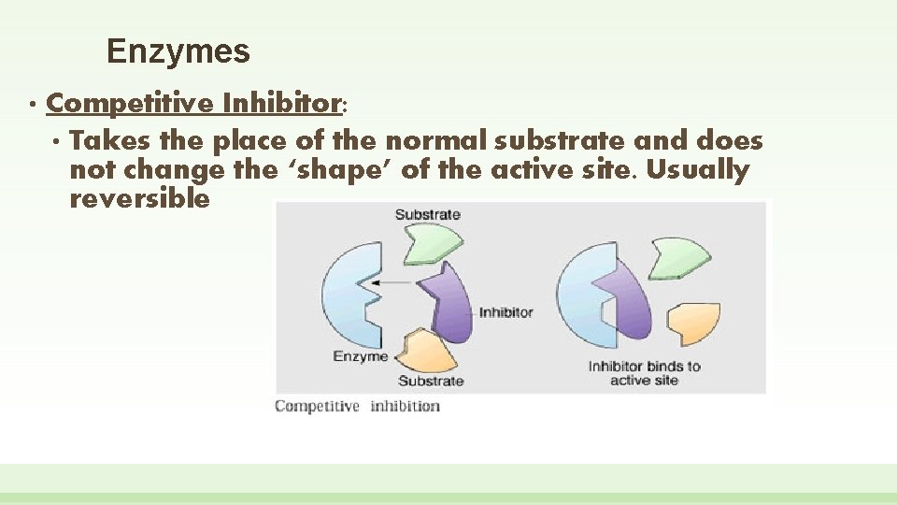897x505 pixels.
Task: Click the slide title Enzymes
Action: [178, 50]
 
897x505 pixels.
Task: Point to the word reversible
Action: [139, 199]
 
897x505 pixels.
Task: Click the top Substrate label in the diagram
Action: [427, 214]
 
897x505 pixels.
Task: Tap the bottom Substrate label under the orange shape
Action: [430, 381]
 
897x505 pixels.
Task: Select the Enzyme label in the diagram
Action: [360, 356]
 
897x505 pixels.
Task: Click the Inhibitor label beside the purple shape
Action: [505, 311]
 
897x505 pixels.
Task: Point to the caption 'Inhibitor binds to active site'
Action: [644, 372]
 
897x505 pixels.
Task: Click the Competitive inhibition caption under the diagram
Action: [357, 406]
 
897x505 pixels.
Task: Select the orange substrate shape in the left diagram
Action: [427, 350]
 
